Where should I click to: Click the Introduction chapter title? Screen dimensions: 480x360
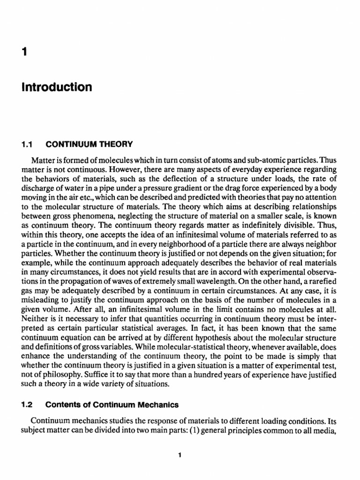(56, 88)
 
